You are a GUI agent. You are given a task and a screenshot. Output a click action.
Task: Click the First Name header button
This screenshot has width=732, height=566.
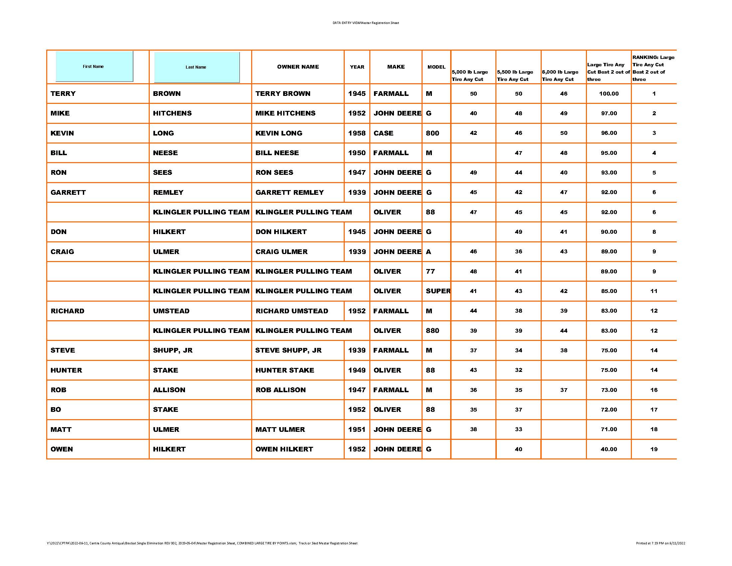click(x=94, y=66)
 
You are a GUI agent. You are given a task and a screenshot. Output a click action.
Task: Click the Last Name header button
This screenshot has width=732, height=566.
click(x=197, y=67)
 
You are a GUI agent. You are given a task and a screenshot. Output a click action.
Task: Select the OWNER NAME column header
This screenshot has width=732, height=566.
click(x=298, y=67)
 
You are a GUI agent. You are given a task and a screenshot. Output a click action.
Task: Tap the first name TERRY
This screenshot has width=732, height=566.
click(x=63, y=94)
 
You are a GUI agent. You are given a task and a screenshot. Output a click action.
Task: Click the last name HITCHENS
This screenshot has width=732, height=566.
click(x=172, y=113)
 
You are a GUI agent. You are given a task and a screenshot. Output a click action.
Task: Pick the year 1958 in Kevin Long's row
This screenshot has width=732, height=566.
click(x=357, y=133)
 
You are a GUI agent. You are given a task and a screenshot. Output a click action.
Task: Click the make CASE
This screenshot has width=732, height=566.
click(x=383, y=133)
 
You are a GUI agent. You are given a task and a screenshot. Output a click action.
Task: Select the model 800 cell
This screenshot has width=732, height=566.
click(x=432, y=133)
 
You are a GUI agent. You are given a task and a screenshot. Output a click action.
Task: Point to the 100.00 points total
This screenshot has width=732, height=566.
click(x=609, y=94)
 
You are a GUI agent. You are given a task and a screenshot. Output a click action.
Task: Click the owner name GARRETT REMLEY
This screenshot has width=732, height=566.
click(x=289, y=192)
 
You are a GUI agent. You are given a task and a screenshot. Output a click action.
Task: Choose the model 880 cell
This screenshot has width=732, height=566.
click(x=432, y=331)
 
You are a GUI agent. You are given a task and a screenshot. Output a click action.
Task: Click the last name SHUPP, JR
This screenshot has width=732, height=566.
click(x=173, y=350)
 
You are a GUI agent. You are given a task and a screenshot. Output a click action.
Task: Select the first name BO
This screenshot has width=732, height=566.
click(x=56, y=410)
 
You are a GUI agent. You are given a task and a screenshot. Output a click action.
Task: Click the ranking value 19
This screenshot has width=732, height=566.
click(x=653, y=449)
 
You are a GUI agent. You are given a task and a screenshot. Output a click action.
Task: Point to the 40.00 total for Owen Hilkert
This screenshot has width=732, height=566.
click(x=609, y=449)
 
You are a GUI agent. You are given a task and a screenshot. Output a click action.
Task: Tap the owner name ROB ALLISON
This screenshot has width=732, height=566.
click(x=280, y=390)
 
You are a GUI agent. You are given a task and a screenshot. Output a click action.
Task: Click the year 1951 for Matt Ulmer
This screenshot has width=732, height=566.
click(x=357, y=429)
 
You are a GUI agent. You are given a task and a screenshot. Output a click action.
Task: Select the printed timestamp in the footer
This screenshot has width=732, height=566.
click(x=660, y=543)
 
